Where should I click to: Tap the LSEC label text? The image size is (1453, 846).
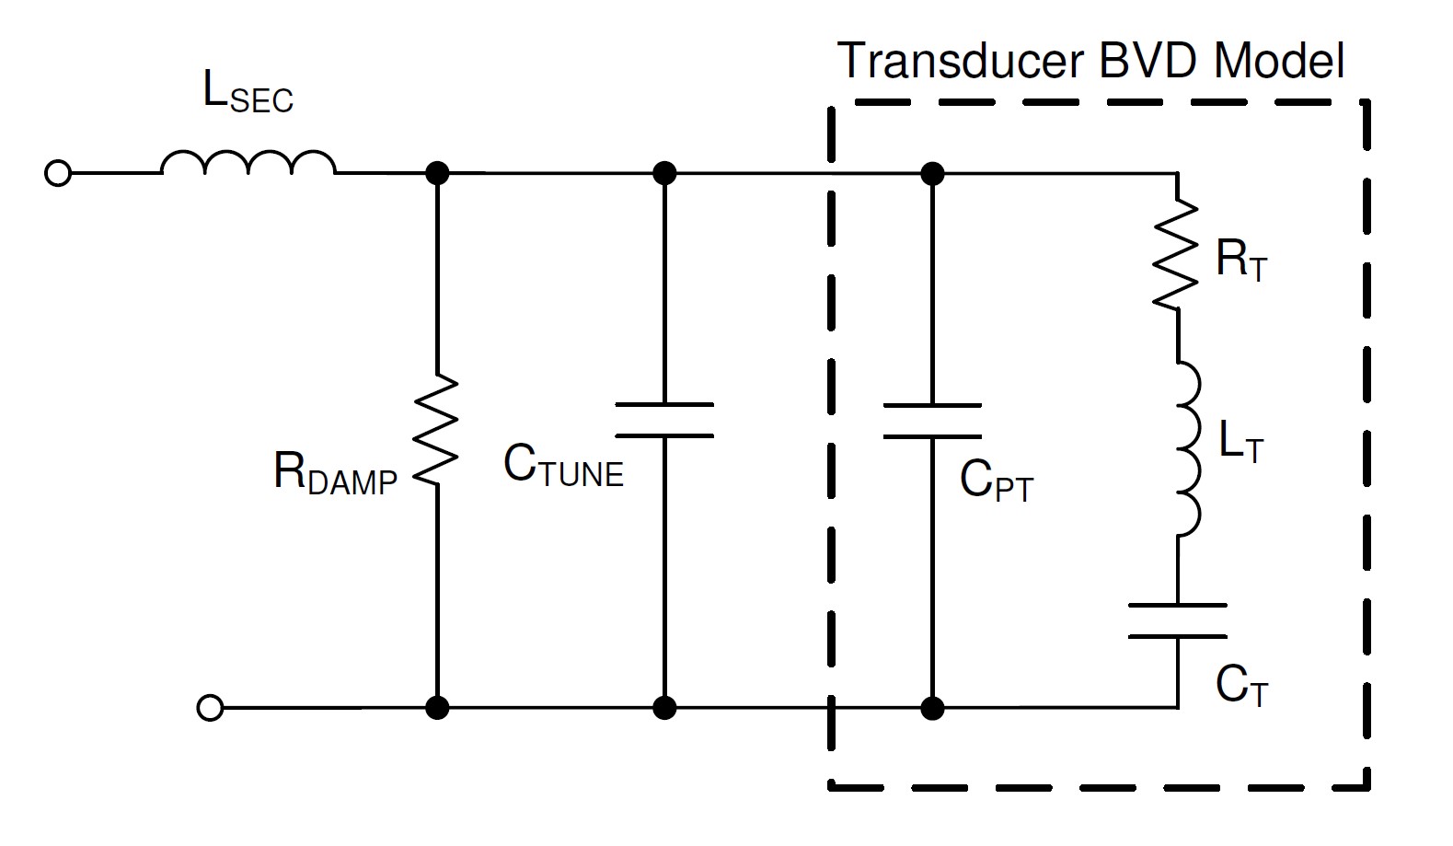click(x=248, y=93)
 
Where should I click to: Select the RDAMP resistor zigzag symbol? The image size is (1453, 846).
click(x=437, y=429)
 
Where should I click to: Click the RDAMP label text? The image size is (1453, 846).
click(x=335, y=474)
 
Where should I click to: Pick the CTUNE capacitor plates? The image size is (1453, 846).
click(x=663, y=420)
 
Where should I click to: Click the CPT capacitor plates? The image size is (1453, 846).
click(x=932, y=420)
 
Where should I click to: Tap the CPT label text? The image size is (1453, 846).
click(x=997, y=481)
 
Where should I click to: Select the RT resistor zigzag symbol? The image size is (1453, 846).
click(x=1177, y=254)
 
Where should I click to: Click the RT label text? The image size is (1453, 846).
click(x=1241, y=260)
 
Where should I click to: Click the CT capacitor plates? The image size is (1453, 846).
click(x=1177, y=620)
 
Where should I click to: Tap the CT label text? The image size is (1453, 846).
click(x=1241, y=686)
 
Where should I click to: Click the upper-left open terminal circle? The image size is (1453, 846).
click(x=58, y=173)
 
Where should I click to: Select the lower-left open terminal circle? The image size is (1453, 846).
click(x=210, y=708)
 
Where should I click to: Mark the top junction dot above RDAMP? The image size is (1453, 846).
click(x=437, y=173)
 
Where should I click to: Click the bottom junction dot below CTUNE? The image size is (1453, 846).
click(x=663, y=708)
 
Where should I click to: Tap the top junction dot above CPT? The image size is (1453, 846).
click(x=932, y=173)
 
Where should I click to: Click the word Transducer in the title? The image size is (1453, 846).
click(x=961, y=61)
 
